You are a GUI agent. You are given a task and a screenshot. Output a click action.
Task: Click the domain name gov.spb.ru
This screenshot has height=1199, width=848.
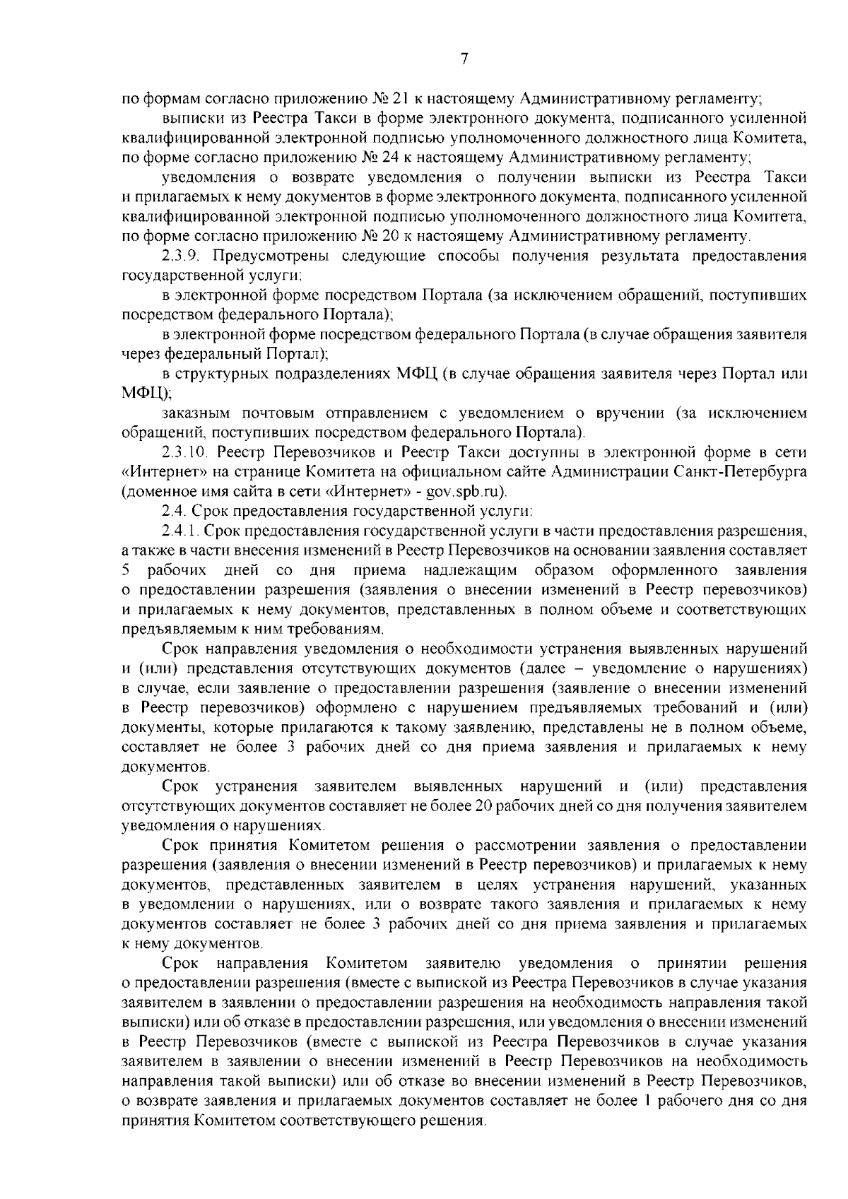coord(466,492)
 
